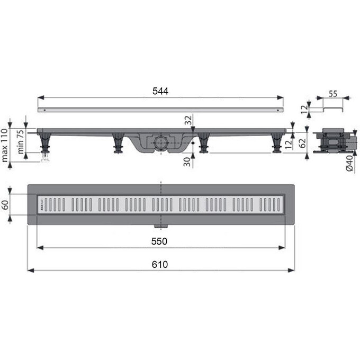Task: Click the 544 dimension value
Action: tap(160, 91)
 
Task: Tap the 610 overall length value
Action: tap(160, 264)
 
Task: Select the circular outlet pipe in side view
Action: tap(160, 142)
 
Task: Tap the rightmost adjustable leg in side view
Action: tap(276, 143)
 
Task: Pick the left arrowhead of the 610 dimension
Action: tap(29, 270)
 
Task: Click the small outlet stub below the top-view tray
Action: tap(158, 227)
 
